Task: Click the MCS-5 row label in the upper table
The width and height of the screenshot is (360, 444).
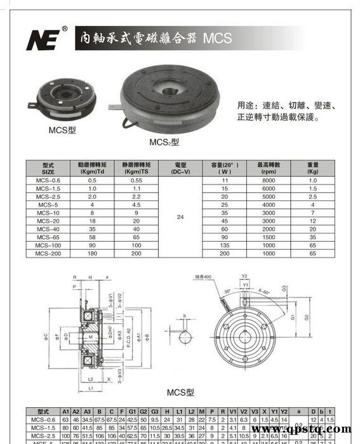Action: pyautogui.click(x=48, y=205)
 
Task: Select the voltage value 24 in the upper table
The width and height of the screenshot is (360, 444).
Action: pyautogui.click(x=180, y=217)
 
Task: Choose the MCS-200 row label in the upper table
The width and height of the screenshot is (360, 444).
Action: pyautogui.click(x=48, y=254)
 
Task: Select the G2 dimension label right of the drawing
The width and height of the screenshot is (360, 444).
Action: pyautogui.click(x=307, y=317)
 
